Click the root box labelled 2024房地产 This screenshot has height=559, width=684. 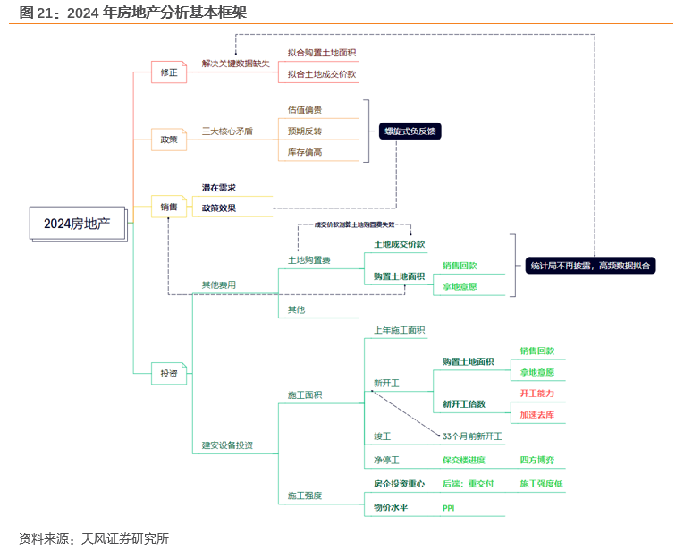point(77,223)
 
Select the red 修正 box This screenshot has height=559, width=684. point(169,72)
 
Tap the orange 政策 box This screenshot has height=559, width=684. point(169,140)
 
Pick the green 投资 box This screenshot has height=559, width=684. point(169,374)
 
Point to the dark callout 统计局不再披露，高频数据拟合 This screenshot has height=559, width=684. point(590,265)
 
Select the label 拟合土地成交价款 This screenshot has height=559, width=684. point(322,74)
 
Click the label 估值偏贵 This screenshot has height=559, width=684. point(305,109)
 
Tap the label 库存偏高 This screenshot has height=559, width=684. point(305,152)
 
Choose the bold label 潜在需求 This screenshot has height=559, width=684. point(218,188)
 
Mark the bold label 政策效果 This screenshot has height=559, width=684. point(218,208)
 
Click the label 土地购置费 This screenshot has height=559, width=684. point(308,260)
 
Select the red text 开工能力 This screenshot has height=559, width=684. point(537,394)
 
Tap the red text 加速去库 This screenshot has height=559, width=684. point(537,415)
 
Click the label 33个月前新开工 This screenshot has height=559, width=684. point(472,436)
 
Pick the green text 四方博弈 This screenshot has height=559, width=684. point(537,461)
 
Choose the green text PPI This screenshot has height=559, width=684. point(449,508)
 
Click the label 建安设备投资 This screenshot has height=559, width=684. point(227,445)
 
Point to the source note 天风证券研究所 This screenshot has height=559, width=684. point(124,538)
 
